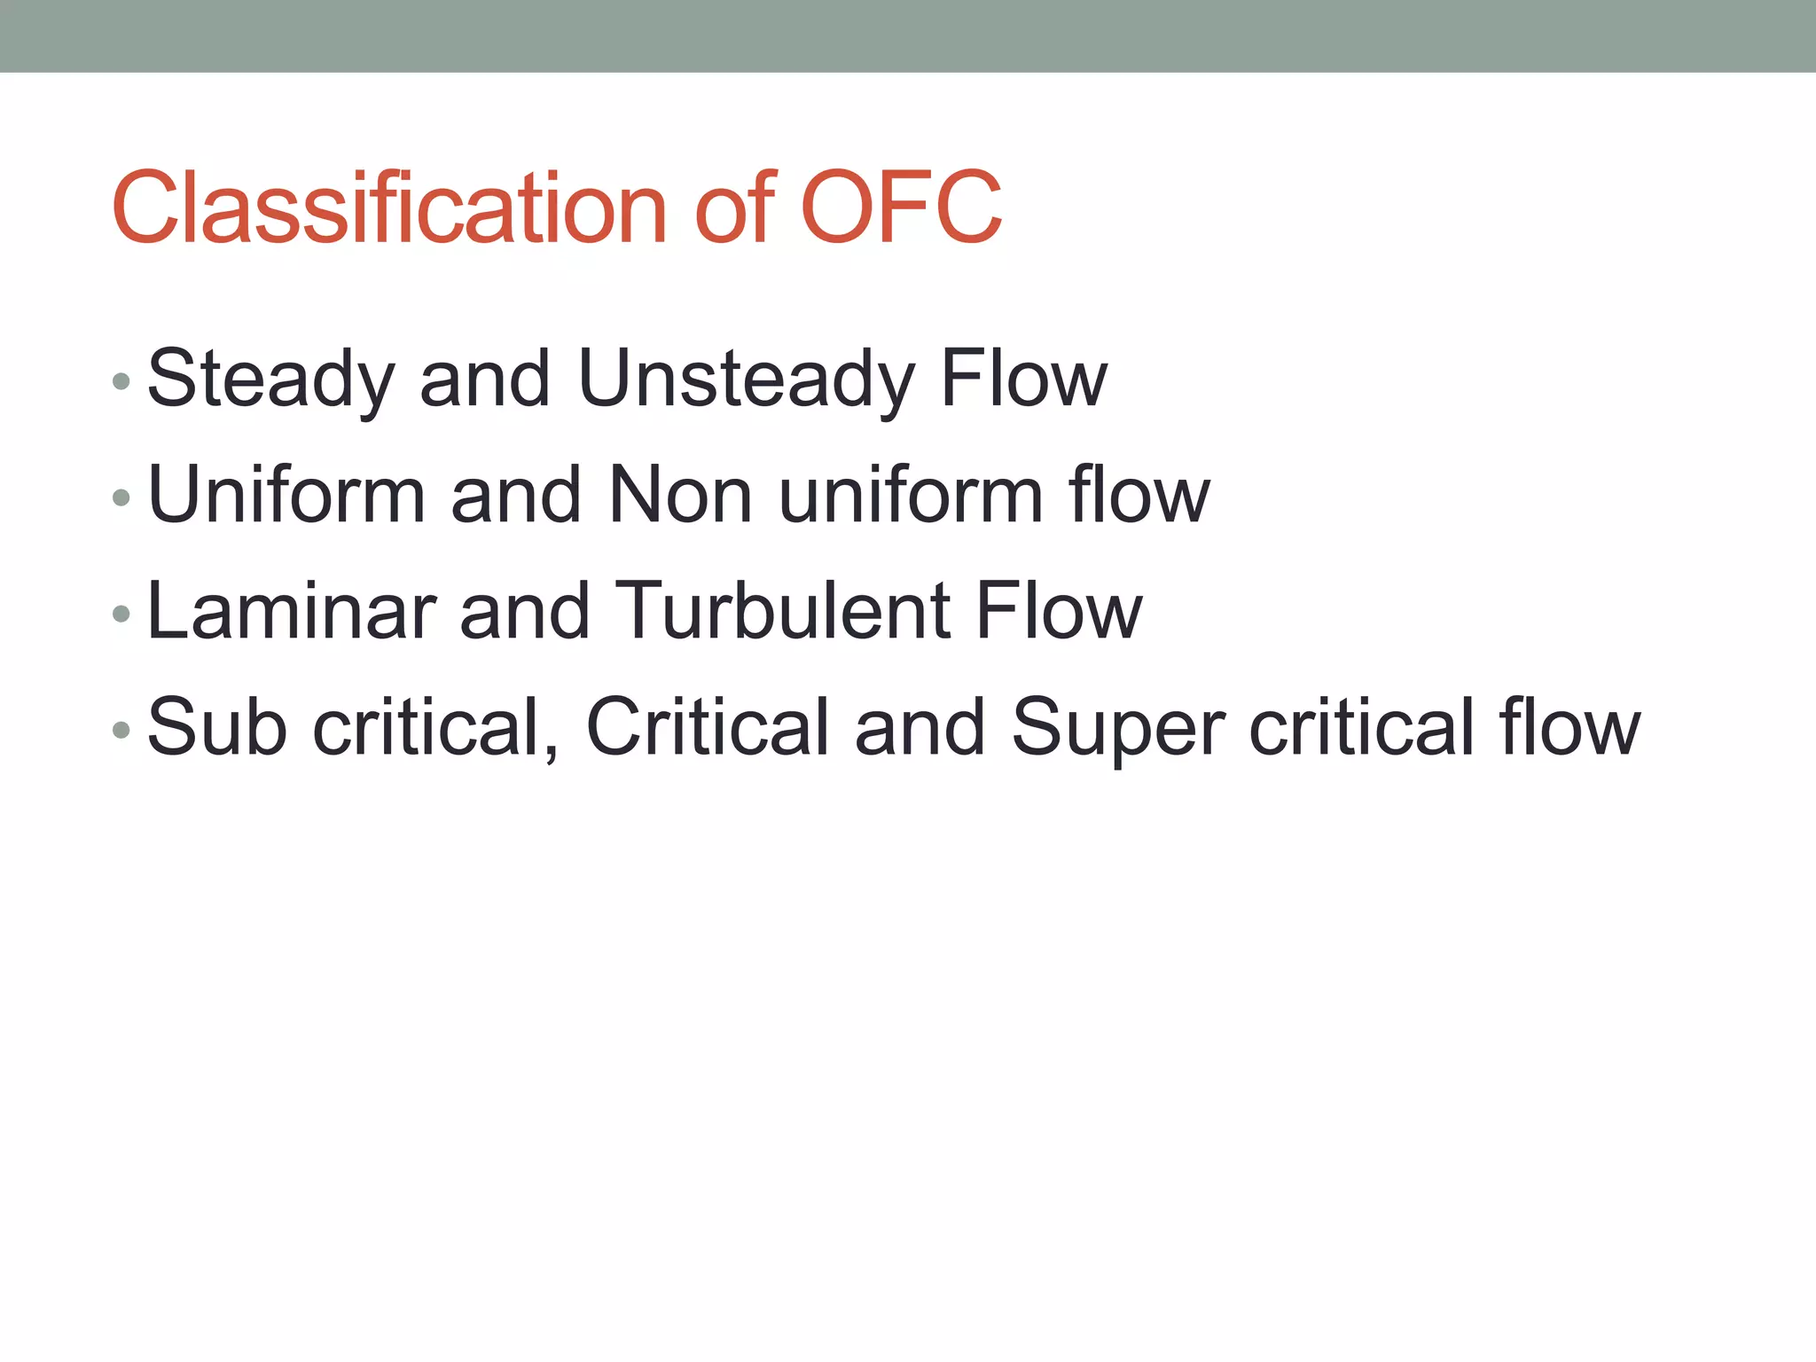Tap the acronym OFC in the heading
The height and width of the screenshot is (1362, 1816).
(x=901, y=208)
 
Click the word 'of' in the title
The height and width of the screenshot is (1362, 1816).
(x=735, y=208)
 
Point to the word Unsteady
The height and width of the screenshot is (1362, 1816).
(x=745, y=380)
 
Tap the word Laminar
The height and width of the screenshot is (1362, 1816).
(x=292, y=611)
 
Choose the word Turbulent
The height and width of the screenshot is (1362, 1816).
(x=781, y=611)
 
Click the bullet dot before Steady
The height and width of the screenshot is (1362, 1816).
(x=121, y=382)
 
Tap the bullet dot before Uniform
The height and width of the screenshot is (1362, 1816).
(x=121, y=498)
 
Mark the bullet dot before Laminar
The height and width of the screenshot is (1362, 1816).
(x=121, y=614)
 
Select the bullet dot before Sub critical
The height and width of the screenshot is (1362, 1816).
(x=121, y=731)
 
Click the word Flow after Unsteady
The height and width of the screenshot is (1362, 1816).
(x=1023, y=380)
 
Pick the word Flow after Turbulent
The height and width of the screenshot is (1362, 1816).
(x=1059, y=611)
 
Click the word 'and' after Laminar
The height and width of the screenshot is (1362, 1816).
(x=524, y=611)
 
